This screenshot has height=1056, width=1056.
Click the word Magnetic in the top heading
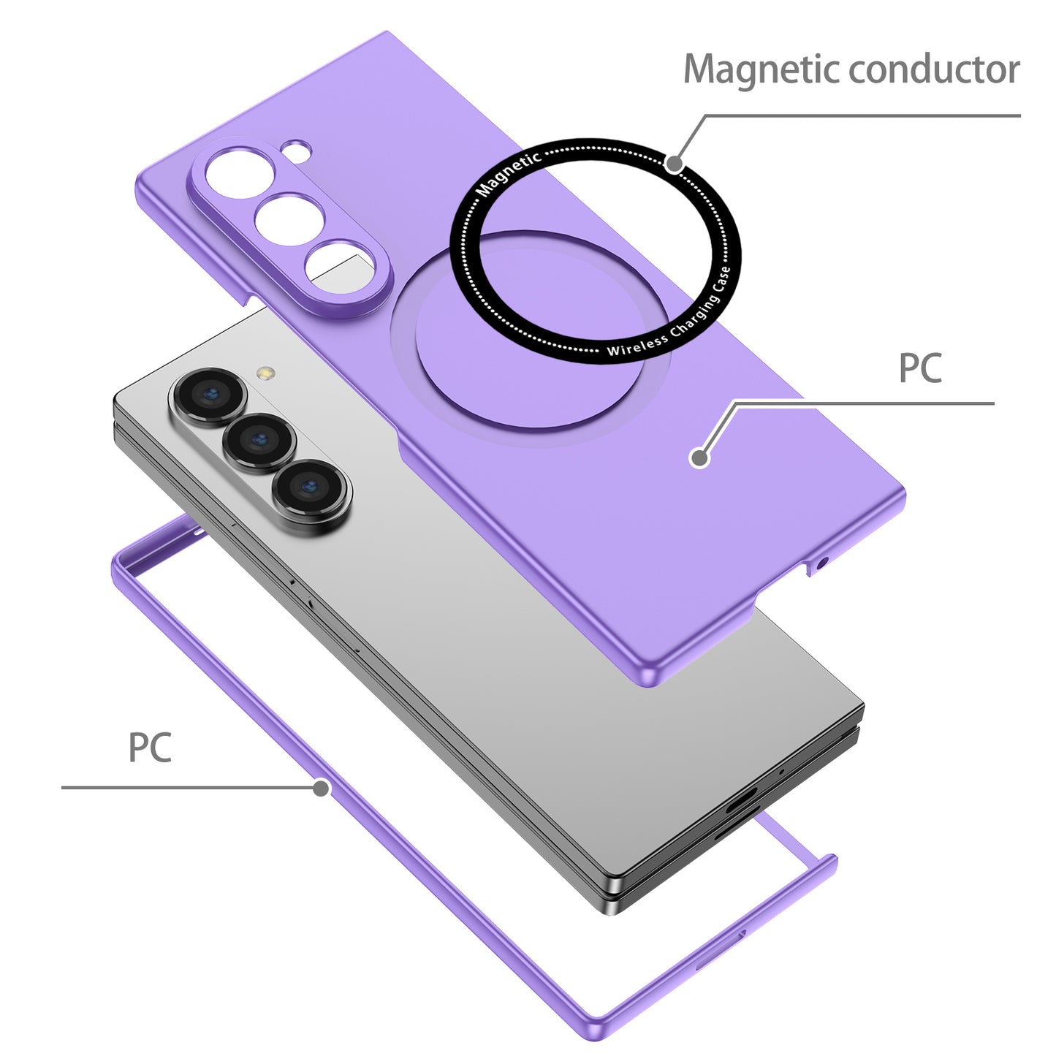(x=762, y=70)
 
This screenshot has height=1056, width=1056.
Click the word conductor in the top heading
(x=934, y=70)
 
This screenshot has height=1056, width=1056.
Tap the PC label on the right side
(x=919, y=368)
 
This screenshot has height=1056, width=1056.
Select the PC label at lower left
(x=150, y=748)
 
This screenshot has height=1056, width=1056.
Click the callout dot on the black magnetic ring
(x=675, y=164)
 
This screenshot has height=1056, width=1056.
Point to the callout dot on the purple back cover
(x=699, y=458)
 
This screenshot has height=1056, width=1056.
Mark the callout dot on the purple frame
(x=320, y=788)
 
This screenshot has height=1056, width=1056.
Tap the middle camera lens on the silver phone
(x=259, y=441)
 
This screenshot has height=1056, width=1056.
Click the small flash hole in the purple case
(x=298, y=151)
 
